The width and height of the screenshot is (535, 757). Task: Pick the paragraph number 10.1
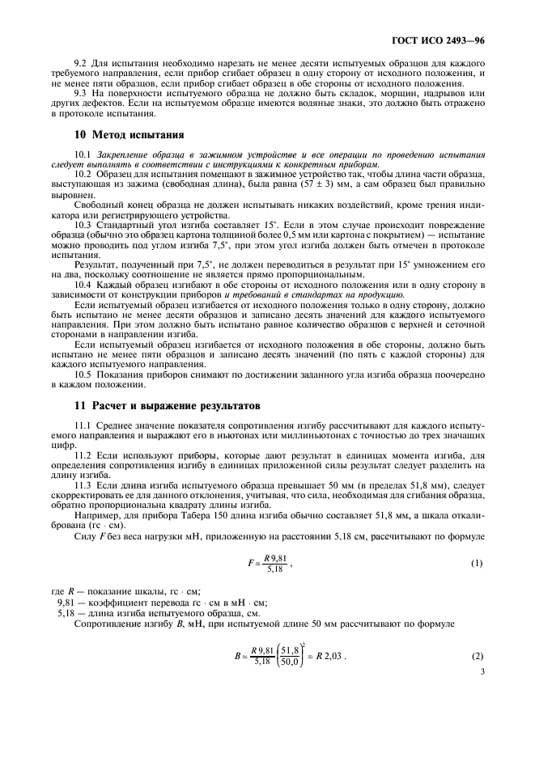(x=83, y=153)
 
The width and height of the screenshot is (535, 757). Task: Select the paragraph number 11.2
(x=83, y=456)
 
